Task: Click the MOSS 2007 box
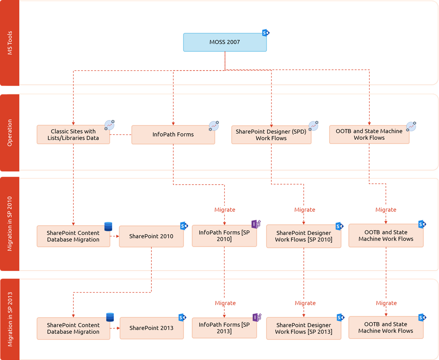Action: pos(225,42)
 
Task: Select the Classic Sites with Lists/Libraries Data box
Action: pos(73,135)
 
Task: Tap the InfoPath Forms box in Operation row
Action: pos(173,135)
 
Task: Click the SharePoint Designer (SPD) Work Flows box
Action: pos(271,135)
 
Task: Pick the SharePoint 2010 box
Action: pos(151,236)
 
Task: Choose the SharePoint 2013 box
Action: pos(151,328)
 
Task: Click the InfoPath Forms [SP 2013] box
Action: pos(224,328)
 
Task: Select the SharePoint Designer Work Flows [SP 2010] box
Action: pos(303,236)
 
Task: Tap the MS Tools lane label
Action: pos(10,43)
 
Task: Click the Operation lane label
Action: pos(10,132)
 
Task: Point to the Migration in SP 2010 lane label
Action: pos(10,224)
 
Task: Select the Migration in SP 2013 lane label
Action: pos(10,319)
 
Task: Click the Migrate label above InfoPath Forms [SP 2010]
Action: pos(224,210)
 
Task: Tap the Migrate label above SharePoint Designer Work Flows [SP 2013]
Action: pos(305,303)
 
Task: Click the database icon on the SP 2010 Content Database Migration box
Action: pos(108,227)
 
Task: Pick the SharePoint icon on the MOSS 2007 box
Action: pos(266,33)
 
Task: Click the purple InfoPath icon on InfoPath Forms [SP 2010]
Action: pos(256,224)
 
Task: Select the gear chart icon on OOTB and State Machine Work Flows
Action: pos(411,126)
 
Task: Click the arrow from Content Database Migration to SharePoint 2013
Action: pos(115,328)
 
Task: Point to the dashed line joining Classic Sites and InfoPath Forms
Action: pos(120,135)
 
